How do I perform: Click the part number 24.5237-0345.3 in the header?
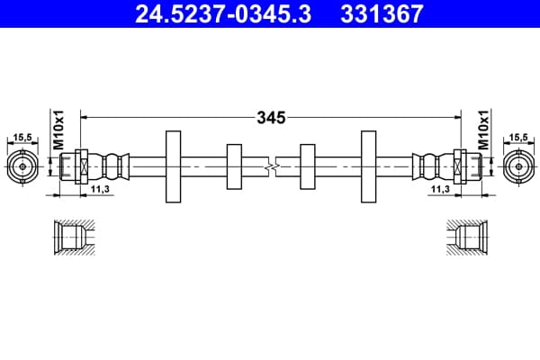[223, 14]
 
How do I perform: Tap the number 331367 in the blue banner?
[382, 14]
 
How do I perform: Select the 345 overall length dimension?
[271, 118]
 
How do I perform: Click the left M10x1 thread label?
[58, 130]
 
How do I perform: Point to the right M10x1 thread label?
[483, 130]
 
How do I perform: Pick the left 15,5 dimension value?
[22, 137]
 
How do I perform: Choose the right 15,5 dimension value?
[518, 137]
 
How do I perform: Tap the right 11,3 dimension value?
[440, 189]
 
